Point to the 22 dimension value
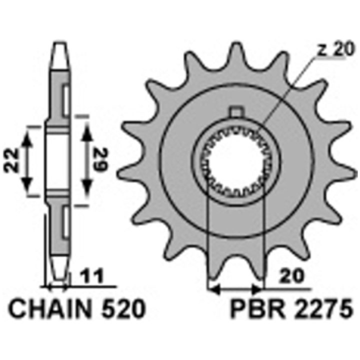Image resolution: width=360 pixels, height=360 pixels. [11, 160]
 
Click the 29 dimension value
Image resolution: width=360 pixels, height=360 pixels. [101, 160]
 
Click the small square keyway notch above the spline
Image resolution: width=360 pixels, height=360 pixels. [236, 112]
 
